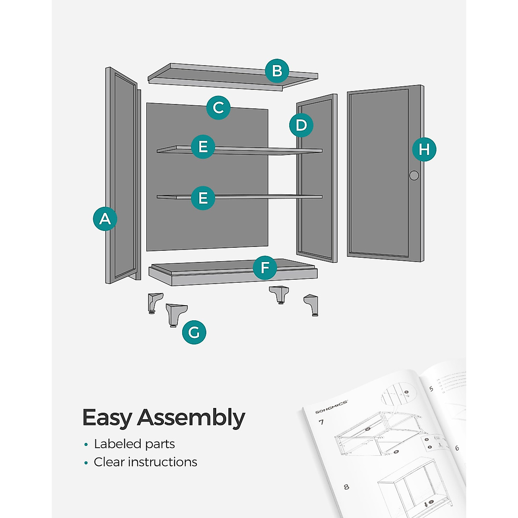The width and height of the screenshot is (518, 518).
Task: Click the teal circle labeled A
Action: pyautogui.click(x=105, y=219)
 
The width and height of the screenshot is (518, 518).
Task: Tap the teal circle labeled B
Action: pyautogui.click(x=277, y=71)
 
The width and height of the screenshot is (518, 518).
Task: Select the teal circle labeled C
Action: pyautogui.click(x=218, y=107)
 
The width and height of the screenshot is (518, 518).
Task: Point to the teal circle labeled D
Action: pyautogui.click(x=301, y=126)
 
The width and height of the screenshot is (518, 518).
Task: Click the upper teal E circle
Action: pyautogui.click(x=203, y=147)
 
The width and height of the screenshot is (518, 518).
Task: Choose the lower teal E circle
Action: pyautogui.click(x=203, y=198)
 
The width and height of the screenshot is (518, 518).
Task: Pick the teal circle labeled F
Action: pyautogui.click(x=265, y=268)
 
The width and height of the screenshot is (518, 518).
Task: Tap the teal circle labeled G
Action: pyautogui.click(x=194, y=332)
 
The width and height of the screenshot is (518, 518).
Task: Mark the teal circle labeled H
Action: pyautogui.click(x=424, y=149)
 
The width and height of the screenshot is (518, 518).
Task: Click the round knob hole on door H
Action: pyautogui.click(x=414, y=175)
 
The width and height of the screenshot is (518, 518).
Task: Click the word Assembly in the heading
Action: pyautogui.click(x=191, y=418)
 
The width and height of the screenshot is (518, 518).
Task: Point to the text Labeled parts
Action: pyautogui.click(x=134, y=444)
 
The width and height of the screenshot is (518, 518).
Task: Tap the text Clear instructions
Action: pyautogui.click(x=145, y=462)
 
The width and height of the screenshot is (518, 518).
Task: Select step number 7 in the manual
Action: pyautogui.click(x=321, y=422)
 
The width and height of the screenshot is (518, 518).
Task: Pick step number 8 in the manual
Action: pyautogui.click(x=346, y=487)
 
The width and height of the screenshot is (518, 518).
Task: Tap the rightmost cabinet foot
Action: pyautogui.click(x=312, y=305)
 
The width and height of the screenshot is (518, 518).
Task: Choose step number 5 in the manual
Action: pyautogui.click(x=431, y=389)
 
